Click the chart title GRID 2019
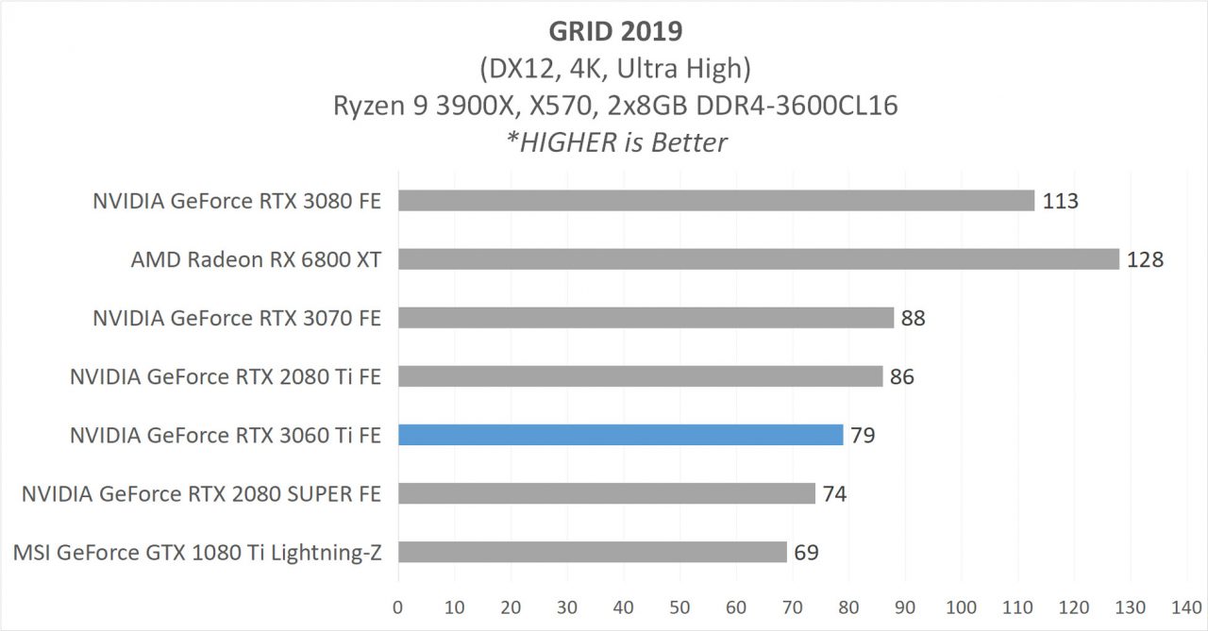point(615,30)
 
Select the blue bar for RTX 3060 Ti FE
point(620,435)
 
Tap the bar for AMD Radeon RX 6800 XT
point(758,259)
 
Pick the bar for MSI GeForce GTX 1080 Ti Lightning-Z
point(592,552)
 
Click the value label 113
point(1060,201)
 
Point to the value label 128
point(1145,259)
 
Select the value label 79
point(863,435)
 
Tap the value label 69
point(806,552)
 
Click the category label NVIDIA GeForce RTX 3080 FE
point(237,201)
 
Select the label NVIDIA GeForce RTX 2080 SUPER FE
point(201,493)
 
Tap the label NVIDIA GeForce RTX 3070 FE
point(237,318)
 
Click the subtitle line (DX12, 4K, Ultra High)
point(615,68)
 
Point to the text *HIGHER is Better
point(615,142)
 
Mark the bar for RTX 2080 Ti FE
point(640,376)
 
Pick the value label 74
point(834,493)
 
